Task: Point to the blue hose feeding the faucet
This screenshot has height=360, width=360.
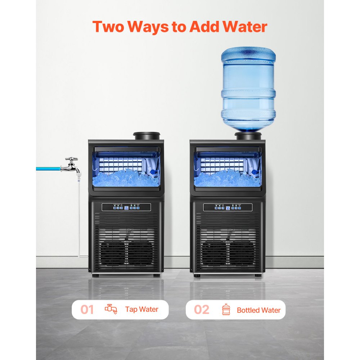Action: pos(49,168)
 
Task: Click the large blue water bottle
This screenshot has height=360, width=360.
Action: pos(248,90)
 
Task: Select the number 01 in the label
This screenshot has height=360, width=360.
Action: pos(87,310)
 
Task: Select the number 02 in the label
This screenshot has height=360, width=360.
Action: pos(201,310)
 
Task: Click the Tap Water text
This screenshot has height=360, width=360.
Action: pos(141,309)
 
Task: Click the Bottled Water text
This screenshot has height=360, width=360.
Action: pos(258,310)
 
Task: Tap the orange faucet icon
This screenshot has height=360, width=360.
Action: pos(111,309)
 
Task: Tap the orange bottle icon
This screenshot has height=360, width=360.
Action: pos(226,310)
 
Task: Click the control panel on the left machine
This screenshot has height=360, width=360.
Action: pos(126,207)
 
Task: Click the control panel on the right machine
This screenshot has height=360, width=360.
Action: pos(228,207)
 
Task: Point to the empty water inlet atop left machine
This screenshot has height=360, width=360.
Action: pos(147,136)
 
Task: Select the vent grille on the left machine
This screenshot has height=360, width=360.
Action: pos(126,245)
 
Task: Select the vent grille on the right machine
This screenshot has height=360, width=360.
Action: pos(228,245)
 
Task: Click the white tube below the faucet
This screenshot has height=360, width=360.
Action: pos(79,216)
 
